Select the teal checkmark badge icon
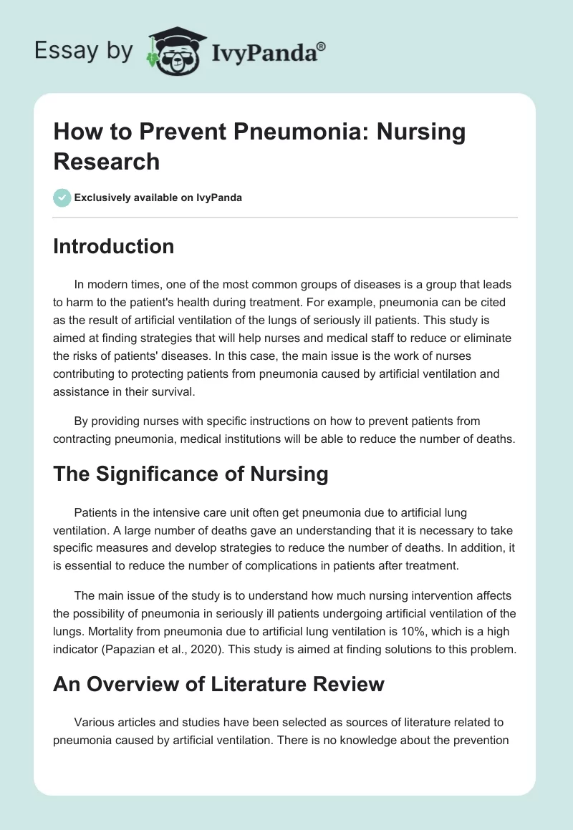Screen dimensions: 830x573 pyautogui.click(x=62, y=197)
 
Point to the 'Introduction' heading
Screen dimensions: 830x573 pyautogui.click(x=114, y=246)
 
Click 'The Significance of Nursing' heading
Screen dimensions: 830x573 pyautogui.click(x=191, y=473)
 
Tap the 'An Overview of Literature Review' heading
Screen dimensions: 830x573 pyautogui.click(x=218, y=683)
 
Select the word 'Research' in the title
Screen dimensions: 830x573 pyautogui.click(x=106, y=161)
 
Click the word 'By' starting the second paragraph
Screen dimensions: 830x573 pyautogui.click(x=82, y=422)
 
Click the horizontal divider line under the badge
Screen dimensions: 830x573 pyautogui.click(x=285, y=218)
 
